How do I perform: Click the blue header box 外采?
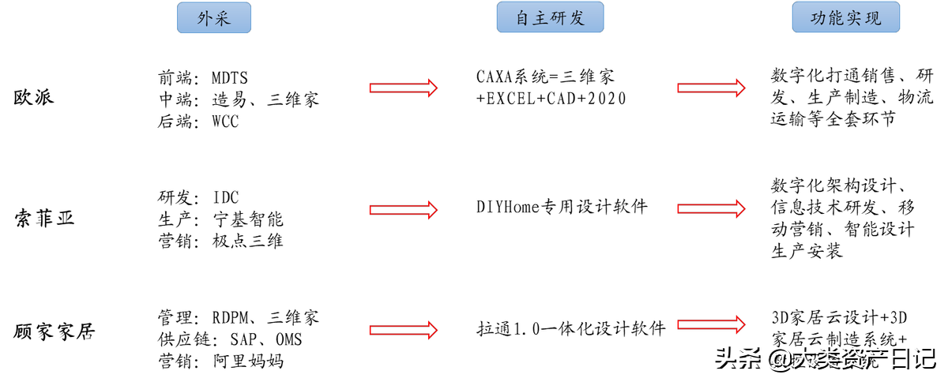[x=213, y=17]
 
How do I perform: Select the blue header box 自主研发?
[x=550, y=17]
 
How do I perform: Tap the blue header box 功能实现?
[x=847, y=17]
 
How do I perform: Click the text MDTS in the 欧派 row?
[x=229, y=77]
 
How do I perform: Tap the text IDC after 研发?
[x=225, y=197]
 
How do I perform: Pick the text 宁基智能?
[x=247, y=219]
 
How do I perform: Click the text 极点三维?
[x=247, y=241]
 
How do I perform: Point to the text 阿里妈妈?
[x=247, y=361]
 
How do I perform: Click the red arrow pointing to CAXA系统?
[x=403, y=88]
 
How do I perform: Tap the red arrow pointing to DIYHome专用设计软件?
[x=403, y=209]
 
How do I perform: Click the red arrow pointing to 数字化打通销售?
[x=711, y=88]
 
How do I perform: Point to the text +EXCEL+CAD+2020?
[x=551, y=99]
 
